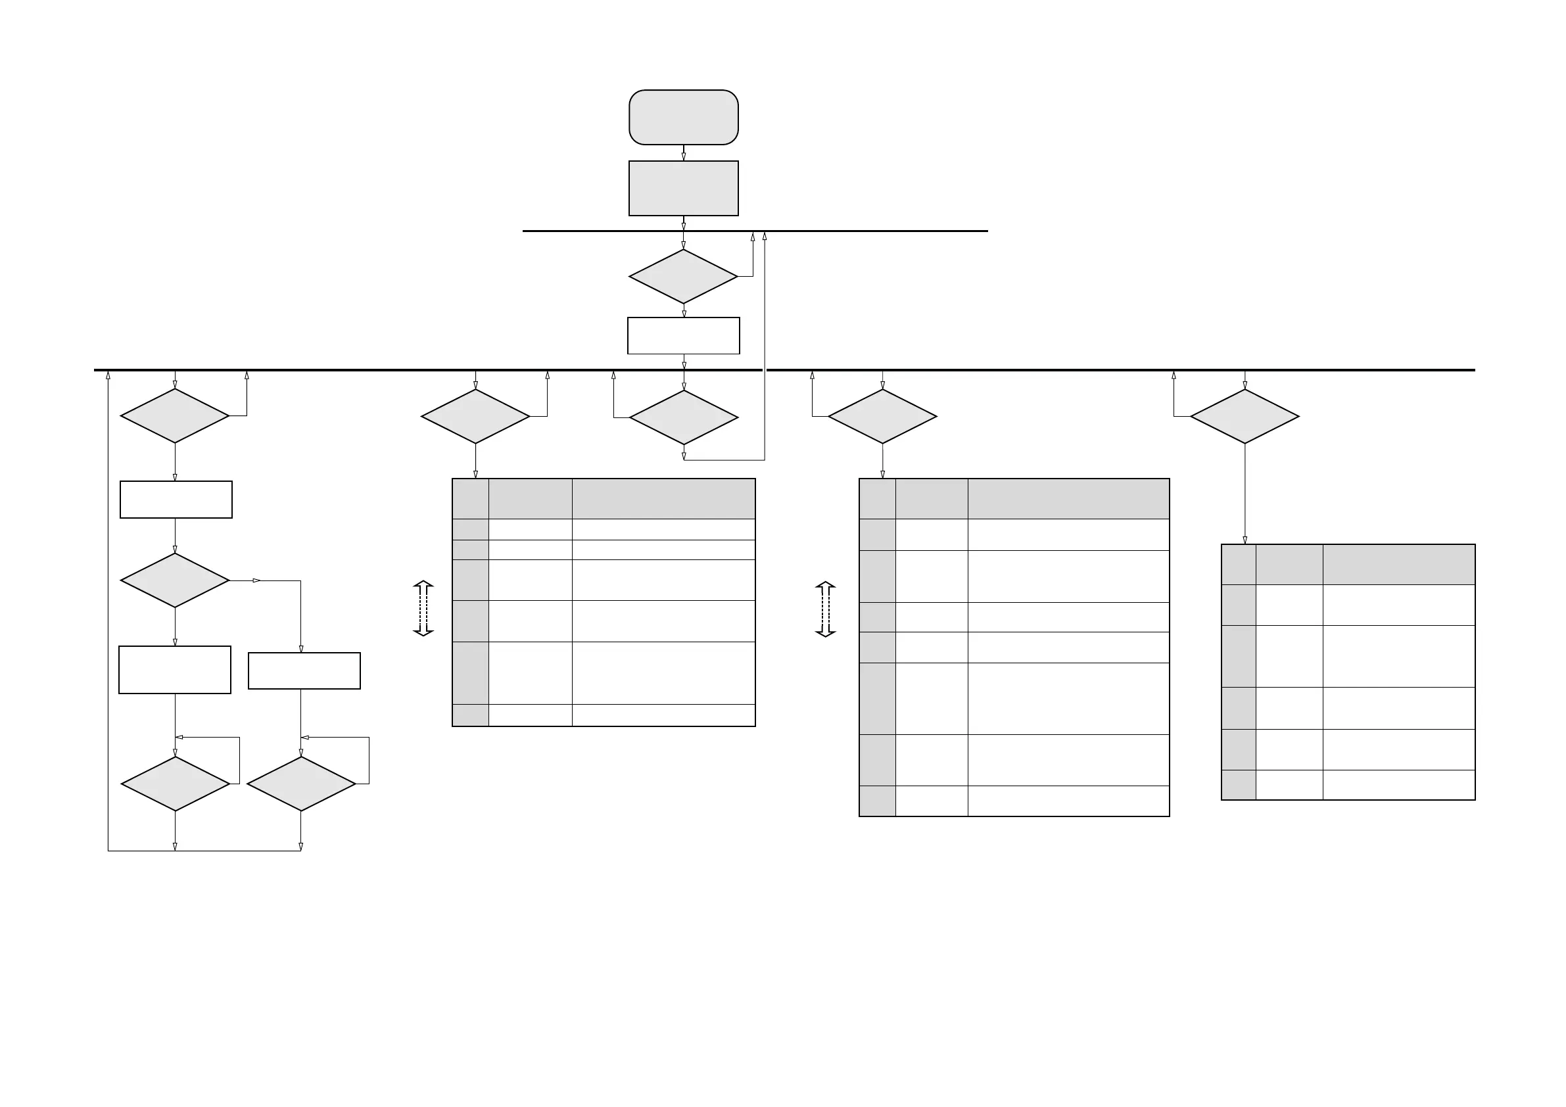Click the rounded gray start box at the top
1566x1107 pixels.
click(x=684, y=117)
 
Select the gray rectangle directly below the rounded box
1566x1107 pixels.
click(x=684, y=188)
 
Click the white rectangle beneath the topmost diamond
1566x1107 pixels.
click(x=684, y=335)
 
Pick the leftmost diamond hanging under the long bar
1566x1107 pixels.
click(x=175, y=416)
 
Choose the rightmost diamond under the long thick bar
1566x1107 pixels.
click(x=1245, y=417)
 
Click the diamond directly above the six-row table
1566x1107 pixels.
click(x=475, y=417)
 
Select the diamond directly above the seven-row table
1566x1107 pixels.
click(x=882, y=417)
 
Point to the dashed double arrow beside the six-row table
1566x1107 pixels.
click(x=423, y=609)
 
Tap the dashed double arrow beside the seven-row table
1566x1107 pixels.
click(x=825, y=609)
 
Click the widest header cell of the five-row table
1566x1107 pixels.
click(x=1399, y=564)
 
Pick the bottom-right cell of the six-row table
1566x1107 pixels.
click(x=663, y=715)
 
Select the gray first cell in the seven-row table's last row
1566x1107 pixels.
click(x=877, y=801)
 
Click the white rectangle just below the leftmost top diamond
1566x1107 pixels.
click(x=176, y=500)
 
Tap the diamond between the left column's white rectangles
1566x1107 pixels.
click(x=175, y=580)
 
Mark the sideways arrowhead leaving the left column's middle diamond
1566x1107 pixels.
click(x=257, y=580)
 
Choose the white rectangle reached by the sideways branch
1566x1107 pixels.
click(x=304, y=671)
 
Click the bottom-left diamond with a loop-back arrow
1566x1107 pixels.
click(x=176, y=784)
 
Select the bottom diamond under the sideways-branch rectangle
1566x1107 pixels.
click(x=301, y=784)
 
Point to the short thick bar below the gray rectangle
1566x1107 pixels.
click(x=755, y=231)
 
